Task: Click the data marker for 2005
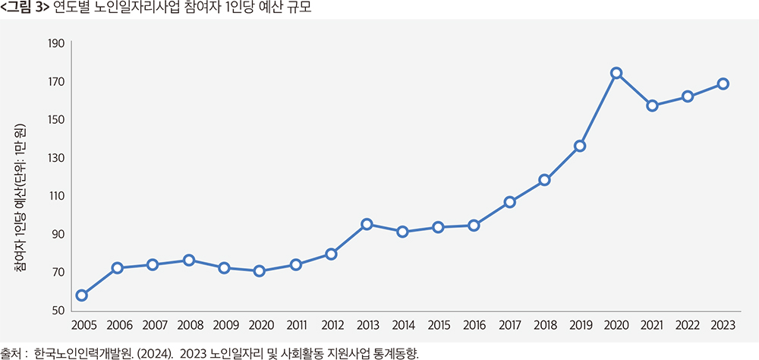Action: pyautogui.click(x=81, y=295)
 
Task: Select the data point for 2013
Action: pyautogui.click(x=367, y=224)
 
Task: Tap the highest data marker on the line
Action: pyautogui.click(x=616, y=73)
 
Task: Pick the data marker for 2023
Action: pyautogui.click(x=723, y=84)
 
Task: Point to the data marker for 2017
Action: pyautogui.click(x=510, y=202)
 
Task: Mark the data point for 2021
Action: pyautogui.click(x=652, y=106)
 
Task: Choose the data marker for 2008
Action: pyautogui.click(x=189, y=260)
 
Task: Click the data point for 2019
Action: pyautogui.click(x=580, y=146)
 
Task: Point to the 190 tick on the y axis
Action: pyautogui.click(x=56, y=43)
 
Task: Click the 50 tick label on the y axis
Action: pyautogui.click(x=58, y=311)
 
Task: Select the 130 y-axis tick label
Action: pyautogui.click(x=56, y=158)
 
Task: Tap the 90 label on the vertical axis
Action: pyautogui.click(x=58, y=235)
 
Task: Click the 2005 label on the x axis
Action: pyautogui.click(x=83, y=325)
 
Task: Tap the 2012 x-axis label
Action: pyautogui.click(x=333, y=325)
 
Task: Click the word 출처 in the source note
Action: pyautogui.click(x=11, y=353)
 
